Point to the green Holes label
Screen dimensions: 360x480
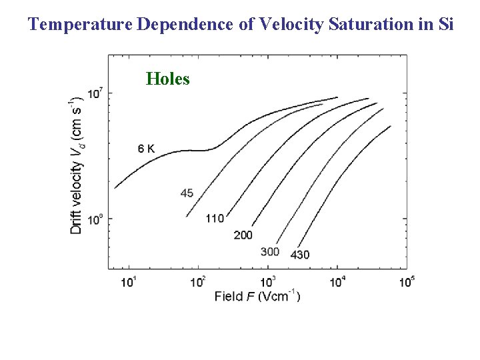[167, 79]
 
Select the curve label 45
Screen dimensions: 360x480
[187, 193]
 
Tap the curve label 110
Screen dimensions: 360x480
[215, 218]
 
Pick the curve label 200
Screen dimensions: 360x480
[243, 235]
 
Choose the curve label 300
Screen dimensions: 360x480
[270, 252]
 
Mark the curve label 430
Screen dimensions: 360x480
[300, 254]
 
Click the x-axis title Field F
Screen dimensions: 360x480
[257, 295]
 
